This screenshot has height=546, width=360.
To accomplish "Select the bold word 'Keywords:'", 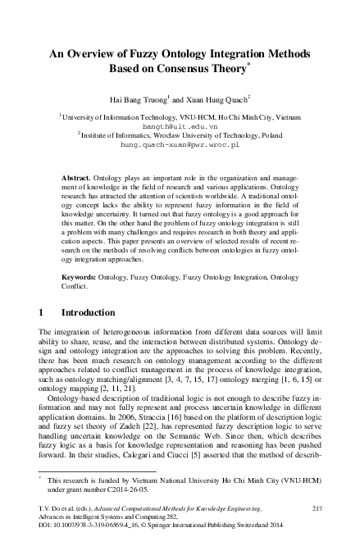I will [80, 277].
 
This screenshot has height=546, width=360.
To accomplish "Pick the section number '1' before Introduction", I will [42, 313].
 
